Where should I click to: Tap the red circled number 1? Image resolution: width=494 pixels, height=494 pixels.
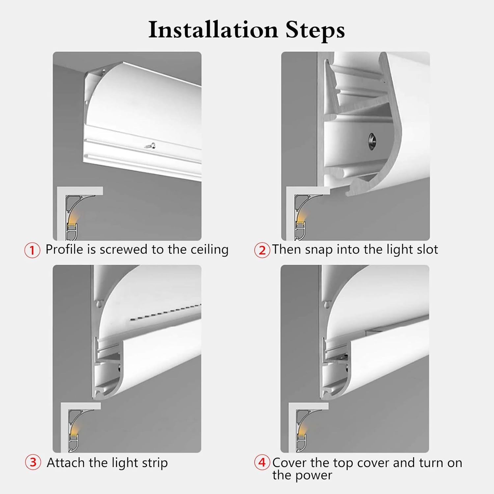coord(32,250)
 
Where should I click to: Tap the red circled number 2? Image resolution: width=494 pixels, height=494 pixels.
coord(262,250)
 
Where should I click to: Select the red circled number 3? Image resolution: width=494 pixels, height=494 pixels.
coord(33,462)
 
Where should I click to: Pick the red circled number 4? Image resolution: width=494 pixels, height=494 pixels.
coord(262,462)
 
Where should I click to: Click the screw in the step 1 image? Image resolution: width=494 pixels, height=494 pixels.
coord(152,145)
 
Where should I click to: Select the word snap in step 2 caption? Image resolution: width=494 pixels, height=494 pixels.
coord(319,250)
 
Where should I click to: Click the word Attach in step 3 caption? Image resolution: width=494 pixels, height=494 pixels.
coord(66,462)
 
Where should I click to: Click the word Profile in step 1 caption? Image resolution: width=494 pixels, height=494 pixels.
coord(64,250)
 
